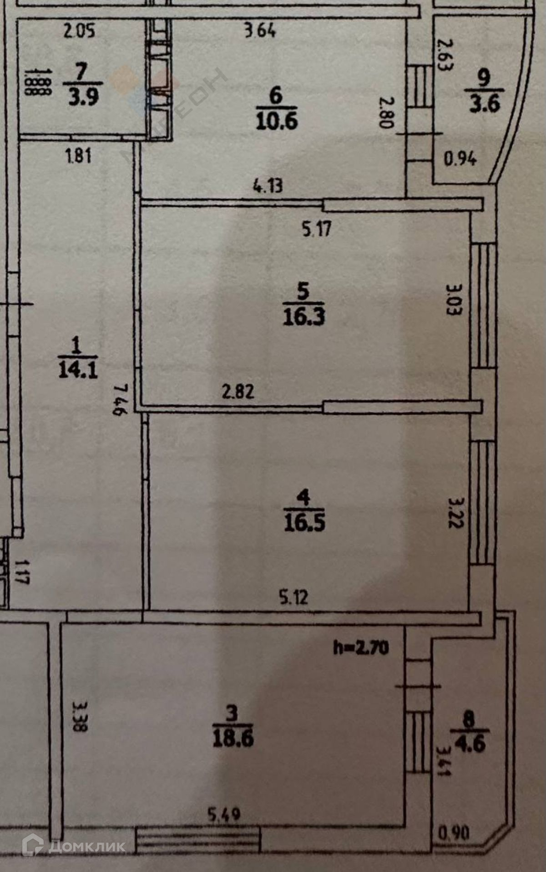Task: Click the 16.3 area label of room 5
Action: (304, 316)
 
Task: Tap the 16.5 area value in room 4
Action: (304, 522)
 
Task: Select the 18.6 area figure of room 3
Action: (233, 738)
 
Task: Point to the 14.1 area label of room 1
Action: (78, 370)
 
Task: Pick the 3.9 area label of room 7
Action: (83, 97)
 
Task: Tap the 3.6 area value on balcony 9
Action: (485, 104)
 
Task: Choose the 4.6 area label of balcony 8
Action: (470, 744)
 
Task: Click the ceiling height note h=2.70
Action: (361, 648)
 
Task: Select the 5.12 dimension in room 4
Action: (293, 597)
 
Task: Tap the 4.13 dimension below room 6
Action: (268, 186)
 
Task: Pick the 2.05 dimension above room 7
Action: (80, 31)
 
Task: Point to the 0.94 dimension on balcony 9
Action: (460, 158)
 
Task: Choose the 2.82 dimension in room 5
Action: (238, 392)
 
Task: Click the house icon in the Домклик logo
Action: (33, 846)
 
